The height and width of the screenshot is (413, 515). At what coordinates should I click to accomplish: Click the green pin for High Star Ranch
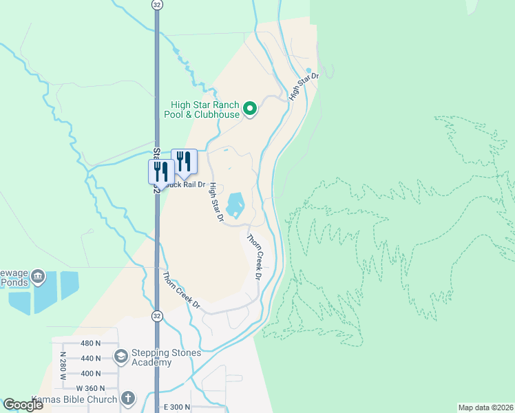[x=251, y=109]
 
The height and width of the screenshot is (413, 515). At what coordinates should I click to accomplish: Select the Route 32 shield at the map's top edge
[x=157, y=4]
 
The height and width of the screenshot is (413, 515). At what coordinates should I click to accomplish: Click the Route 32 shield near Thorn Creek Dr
[x=157, y=316]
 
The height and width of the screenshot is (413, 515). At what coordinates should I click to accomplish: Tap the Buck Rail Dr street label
[x=187, y=184]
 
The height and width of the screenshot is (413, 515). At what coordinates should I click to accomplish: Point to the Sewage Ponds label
[x=15, y=277]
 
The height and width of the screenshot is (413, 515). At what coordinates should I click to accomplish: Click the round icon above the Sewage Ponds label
[x=38, y=277]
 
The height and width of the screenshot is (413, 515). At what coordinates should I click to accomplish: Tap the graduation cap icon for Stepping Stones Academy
[x=121, y=356]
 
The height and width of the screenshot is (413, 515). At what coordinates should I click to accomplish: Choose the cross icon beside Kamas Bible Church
[x=128, y=399]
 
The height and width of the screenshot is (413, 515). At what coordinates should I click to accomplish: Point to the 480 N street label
[x=90, y=343]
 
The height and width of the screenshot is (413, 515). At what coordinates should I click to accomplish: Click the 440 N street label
[x=90, y=358]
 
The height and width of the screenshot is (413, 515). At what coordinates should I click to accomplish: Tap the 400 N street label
[x=90, y=373]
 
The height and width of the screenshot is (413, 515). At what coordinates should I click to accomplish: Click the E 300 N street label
[x=177, y=407]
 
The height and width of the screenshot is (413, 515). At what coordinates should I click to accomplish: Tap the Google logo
[x=23, y=405]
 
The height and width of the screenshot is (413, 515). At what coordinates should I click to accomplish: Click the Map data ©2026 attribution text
[x=485, y=407]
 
